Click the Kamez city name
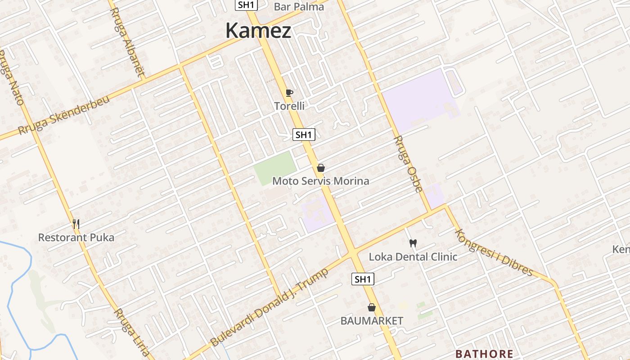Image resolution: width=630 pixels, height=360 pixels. tap(258, 31)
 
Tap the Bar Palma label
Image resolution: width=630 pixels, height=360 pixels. tap(299, 7)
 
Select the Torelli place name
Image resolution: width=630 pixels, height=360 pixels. tap(289, 106)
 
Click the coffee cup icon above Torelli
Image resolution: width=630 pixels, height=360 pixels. tap(289, 93)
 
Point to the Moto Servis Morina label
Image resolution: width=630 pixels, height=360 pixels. tap(320, 181)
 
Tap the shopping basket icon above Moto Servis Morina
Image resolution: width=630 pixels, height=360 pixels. tap(321, 168)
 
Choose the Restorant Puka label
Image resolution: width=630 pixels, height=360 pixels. tap(76, 237)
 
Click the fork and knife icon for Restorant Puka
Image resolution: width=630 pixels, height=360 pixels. tap(76, 224)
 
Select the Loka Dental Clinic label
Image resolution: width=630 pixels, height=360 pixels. tap(413, 257)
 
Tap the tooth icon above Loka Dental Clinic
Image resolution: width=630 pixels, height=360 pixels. tap(413, 243)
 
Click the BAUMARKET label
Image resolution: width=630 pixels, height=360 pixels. tap(372, 321)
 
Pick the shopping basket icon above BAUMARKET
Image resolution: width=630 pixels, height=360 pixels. tap(372, 308)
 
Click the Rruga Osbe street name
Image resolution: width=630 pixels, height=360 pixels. tap(409, 164)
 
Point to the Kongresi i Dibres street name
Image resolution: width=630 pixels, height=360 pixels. tap(494, 252)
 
